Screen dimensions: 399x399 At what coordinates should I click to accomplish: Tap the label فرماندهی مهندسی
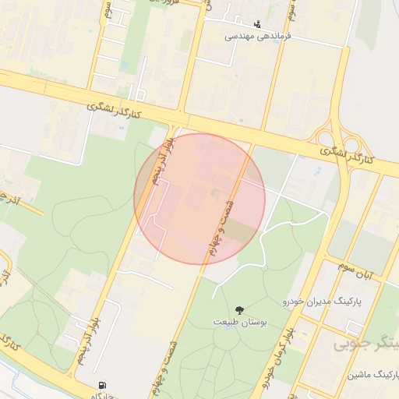tap(258, 36)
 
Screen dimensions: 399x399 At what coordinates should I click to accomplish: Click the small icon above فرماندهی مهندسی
tap(258, 23)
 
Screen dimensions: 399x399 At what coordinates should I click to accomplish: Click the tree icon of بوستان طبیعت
tap(238, 310)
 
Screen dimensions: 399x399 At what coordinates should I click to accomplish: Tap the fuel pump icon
tap(102, 386)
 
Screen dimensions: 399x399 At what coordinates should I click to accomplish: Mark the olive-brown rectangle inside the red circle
tap(241, 231)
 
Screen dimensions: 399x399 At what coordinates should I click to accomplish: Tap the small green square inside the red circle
tap(215, 191)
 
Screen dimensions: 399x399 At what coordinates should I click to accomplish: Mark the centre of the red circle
tap(199, 199)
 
